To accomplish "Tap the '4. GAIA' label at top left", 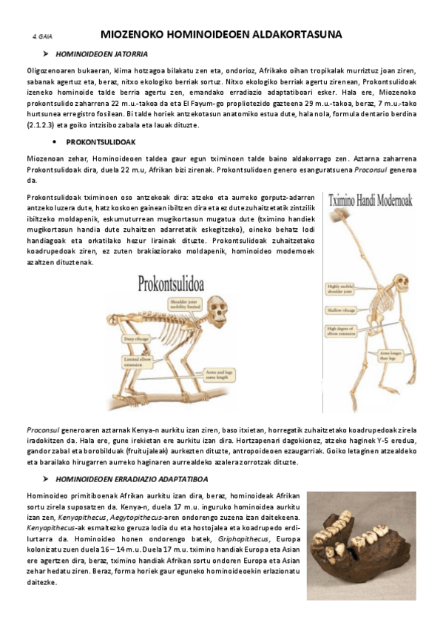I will (x=42, y=36).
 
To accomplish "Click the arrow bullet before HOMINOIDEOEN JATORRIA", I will (x=45, y=55).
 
